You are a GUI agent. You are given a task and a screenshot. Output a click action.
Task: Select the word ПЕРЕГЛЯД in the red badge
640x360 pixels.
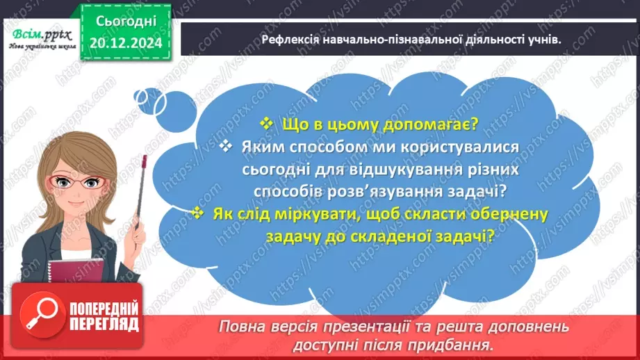(x=105, y=324)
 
